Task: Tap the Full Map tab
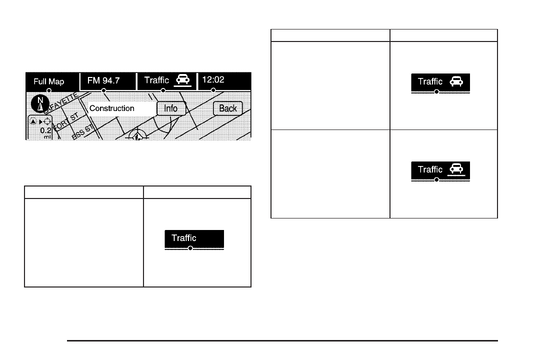pyautogui.click(x=49, y=81)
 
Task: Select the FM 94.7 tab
pyautogui.click(x=103, y=80)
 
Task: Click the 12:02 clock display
pyautogui.click(x=213, y=79)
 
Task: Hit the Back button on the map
pyautogui.click(x=228, y=108)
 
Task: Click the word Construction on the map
pyautogui.click(x=112, y=108)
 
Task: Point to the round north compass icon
pyautogui.click(x=38, y=103)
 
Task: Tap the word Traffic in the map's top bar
pyautogui.click(x=156, y=79)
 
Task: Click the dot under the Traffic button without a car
pyautogui.click(x=190, y=248)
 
